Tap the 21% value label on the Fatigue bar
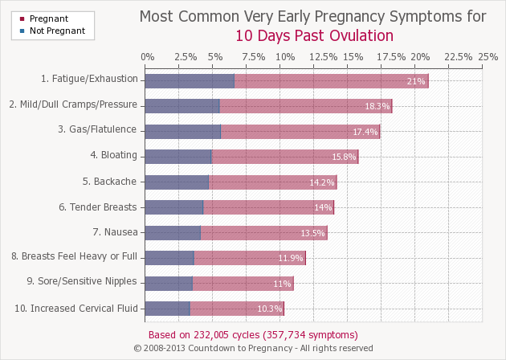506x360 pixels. [416, 81]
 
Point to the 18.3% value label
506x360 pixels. [377, 106]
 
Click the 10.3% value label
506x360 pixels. [270, 309]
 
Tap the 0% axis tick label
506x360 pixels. [147, 57]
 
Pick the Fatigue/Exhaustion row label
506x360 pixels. [89, 80]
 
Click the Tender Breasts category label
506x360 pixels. [97, 207]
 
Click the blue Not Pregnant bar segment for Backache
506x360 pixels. [177, 182]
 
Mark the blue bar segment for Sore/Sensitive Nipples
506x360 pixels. [169, 283]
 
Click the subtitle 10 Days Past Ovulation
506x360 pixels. [314, 35]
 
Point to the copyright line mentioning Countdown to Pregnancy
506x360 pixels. [253, 348]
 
